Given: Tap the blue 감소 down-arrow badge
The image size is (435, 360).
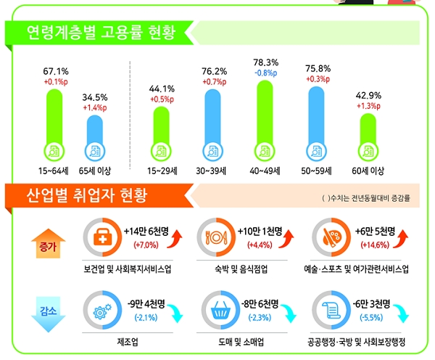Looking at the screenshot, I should [x=46, y=312].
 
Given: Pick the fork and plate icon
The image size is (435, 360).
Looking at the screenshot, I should [x=215, y=236].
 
